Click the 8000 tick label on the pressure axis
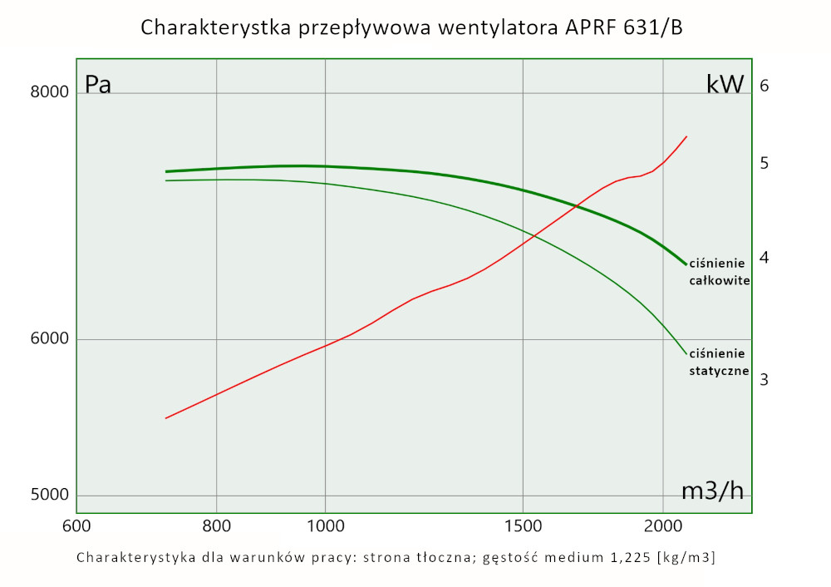pos(48,92)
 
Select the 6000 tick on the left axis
pos(48,339)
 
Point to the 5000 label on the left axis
pos(48,496)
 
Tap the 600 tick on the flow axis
pos(76,526)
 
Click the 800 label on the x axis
pos(216,526)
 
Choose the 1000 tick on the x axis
pos(325,526)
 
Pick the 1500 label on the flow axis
pos(522,526)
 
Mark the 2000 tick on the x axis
pos(662,526)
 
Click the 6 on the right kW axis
pos(765,86)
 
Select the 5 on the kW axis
pos(765,163)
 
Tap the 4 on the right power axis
pos(765,258)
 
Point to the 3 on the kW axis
pos(765,379)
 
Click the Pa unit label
pos(98,85)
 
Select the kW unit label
pos(725,85)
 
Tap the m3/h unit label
pos(712,491)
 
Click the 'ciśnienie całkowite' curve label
pos(720,272)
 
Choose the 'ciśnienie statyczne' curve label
pos(720,363)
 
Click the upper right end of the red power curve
pos(686,136)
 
